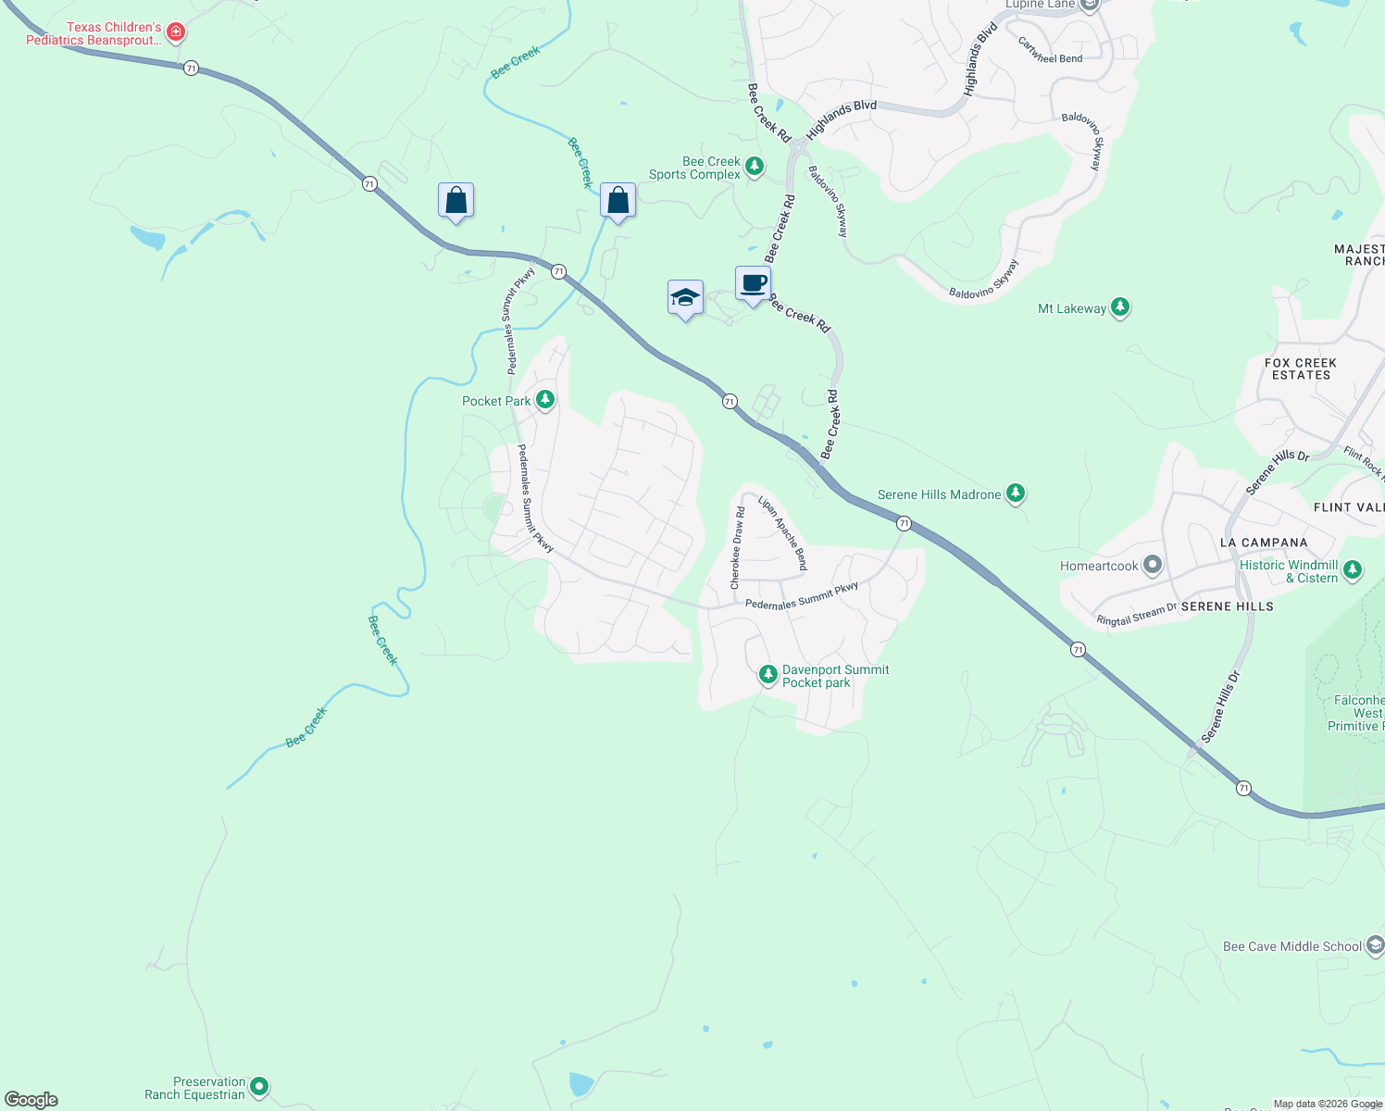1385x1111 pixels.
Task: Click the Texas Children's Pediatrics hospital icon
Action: (x=175, y=32)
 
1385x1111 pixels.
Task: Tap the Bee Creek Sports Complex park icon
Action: (x=755, y=167)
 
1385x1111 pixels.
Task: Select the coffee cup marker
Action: (x=754, y=283)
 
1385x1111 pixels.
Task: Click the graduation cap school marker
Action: (x=685, y=298)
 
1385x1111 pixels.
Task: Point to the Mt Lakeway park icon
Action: (x=1120, y=307)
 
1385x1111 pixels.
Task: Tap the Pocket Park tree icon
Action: (x=545, y=400)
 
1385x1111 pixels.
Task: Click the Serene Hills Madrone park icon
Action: (x=1016, y=493)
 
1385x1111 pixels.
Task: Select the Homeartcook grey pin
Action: (x=1152, y=565)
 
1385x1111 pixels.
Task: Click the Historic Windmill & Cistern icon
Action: (x=1353, y=570)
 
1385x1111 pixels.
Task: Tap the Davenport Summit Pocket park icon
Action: (x=767, y=675)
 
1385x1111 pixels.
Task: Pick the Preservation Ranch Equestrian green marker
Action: (x=259, y=1087)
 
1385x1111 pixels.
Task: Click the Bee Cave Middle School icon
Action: (x=1375, y=945)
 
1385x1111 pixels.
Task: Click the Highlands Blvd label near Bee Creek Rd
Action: (x=841, y=119)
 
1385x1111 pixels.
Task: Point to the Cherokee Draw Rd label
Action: (x=738, y=548)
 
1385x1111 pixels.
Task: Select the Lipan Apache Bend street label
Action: (x=783, y=532)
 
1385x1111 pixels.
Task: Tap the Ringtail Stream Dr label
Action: (x=1136, y=614)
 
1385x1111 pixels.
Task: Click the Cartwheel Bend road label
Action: (x=1050, y=51)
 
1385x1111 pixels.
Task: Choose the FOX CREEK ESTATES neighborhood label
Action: (x=1301, y=368)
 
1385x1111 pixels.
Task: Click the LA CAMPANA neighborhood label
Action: (x=1264, y=543)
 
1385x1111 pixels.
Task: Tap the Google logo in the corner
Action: (x=31, y=1100)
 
